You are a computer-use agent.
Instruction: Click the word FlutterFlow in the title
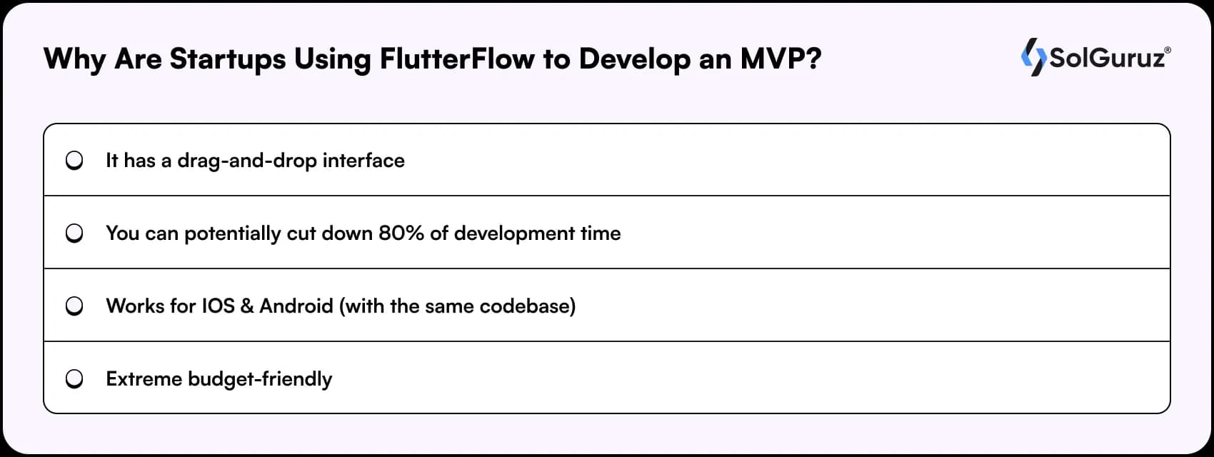pyautogui.click(x=457, y=59)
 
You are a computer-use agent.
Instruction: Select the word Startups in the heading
pyautogui.click(x=228, y=59)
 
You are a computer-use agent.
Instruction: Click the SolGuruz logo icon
pyautogui.click(x=1033, y=57)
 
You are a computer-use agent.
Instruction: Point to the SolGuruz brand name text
pyautogui.click(x=1108, y=58)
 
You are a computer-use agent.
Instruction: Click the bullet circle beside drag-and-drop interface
pyautogui.click(x=74, y=161)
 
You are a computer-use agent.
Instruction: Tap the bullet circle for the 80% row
pyautogui.click(x=74, y=233)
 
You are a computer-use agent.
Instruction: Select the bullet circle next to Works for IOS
pyautogui.click(x=74, y=306)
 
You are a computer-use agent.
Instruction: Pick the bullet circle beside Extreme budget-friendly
pyautogui.click(x=74, y=378)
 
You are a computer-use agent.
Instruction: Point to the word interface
pyautogui.click(x=363, y=161)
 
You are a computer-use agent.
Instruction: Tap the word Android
pyautogui.click(x=296, y=306)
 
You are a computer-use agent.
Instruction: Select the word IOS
pyautogui.click(x=218, y=306)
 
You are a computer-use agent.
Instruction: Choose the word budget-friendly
pyautogui.click(x=260, y=379)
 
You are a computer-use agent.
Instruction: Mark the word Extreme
pyautogui.click(x=144, y=379)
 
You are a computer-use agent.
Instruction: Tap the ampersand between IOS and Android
pyautogui.click(x=247, y=306)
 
